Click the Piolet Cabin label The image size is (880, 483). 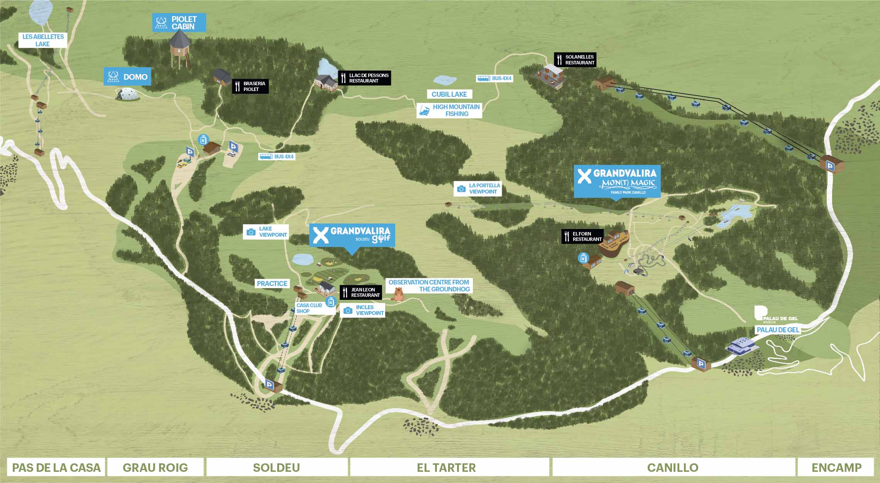[x=179, y=23]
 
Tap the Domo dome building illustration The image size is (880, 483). [x=128, y=94]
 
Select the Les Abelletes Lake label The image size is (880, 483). [x=43, y=40]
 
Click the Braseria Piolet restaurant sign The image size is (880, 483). [x=250, y=86]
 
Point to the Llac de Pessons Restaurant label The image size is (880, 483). [x=364, y=78]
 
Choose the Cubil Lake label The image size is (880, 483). [x=449, y=94]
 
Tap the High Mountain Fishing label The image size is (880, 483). [x=450, y=110]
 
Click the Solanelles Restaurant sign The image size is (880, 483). [x=575, y=60]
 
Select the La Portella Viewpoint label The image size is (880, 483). [x=478, y=188]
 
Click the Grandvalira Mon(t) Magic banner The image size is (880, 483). [x=617, y=181]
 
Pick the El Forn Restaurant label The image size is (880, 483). [x=582, y=236]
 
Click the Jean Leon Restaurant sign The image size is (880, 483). [x=360, y=292]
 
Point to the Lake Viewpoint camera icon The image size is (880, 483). [x=251, y=232]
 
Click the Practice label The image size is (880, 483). [x=272, y=284]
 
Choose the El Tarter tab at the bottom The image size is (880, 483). [x=446, y=468]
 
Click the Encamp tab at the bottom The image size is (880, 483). [x=836, y=468]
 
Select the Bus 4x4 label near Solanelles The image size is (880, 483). [x=495, y=79]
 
